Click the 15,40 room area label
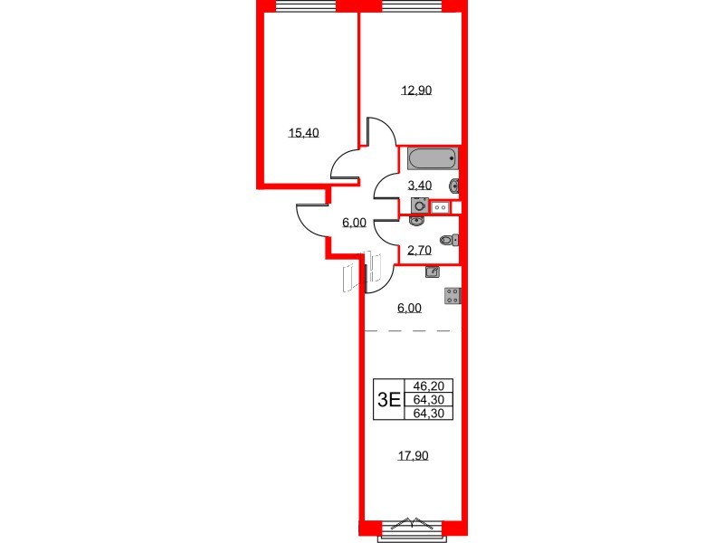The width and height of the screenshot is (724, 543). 303,133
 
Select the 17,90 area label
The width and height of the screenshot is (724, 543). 413,456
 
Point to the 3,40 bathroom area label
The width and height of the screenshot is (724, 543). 421,185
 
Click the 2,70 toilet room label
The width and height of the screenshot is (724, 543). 419,251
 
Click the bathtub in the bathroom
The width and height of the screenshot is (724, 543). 433,160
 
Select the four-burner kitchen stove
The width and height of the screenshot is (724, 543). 453,295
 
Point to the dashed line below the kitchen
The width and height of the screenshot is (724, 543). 407,331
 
